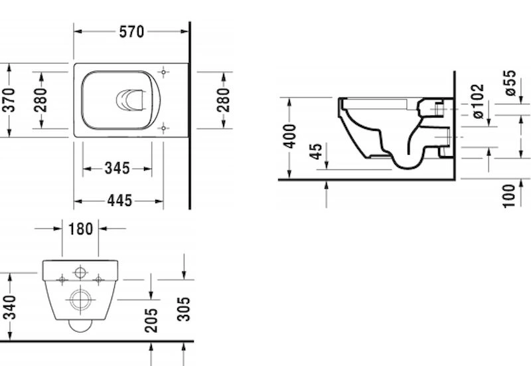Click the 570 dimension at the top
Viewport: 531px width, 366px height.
(x=131, y=32)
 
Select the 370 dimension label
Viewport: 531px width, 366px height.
(x=9, y=100)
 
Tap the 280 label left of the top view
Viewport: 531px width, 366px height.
(x=40, y=100)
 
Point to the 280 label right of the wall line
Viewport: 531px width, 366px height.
(x=224, y=100)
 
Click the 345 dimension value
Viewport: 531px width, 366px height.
(x=117, y=169)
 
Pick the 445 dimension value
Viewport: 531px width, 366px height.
(x=119, y=201)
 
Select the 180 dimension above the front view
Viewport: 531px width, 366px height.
(x=80, y=229)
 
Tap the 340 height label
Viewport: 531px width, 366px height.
(x=10, y=308)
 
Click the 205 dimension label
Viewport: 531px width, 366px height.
(x=151, y=320)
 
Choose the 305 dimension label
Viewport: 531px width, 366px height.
(x=184, y=309)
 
